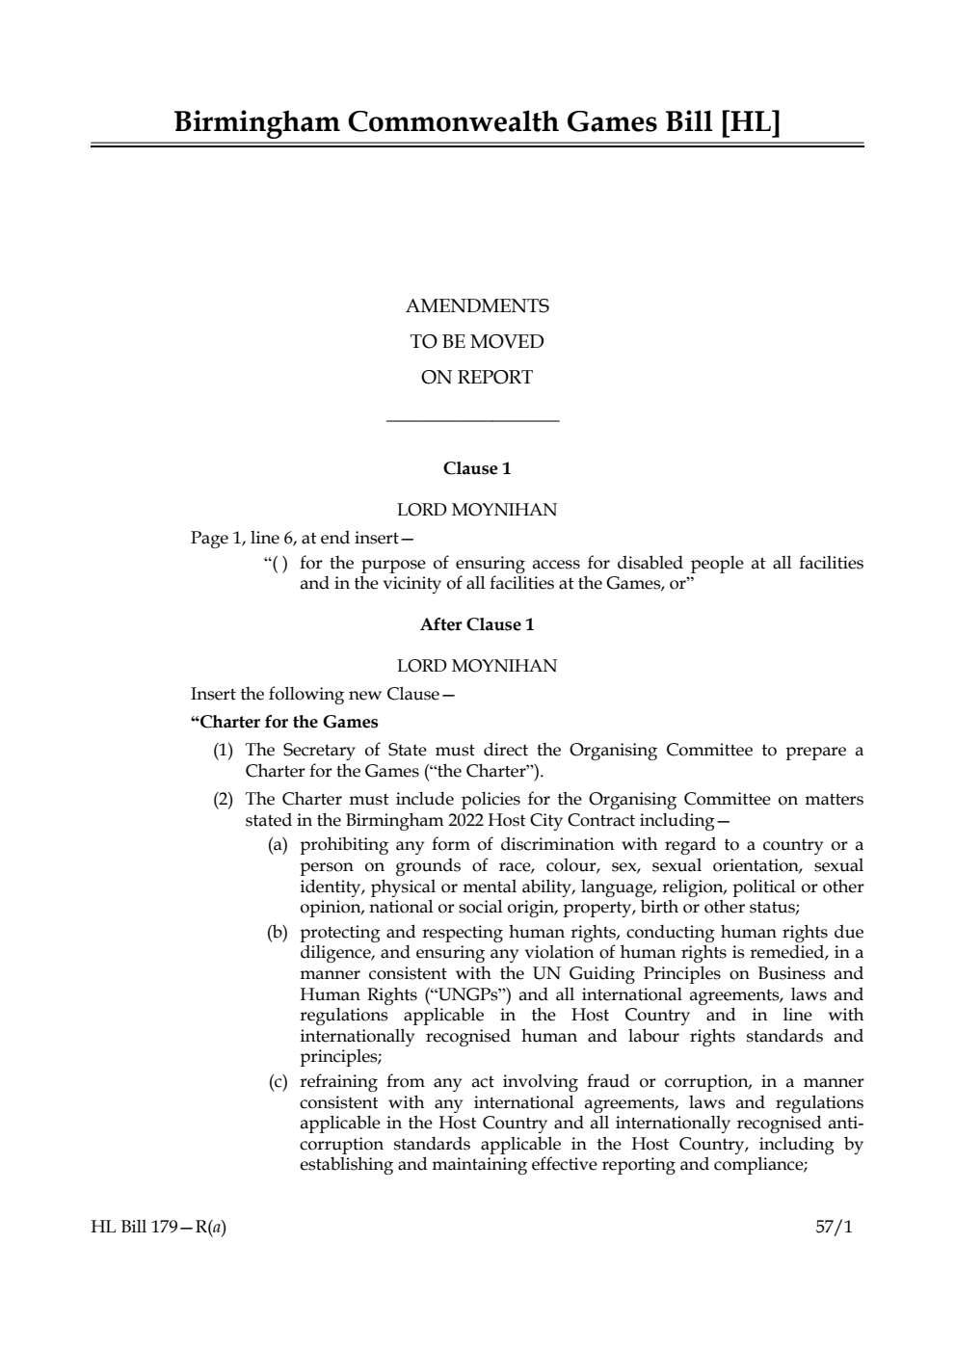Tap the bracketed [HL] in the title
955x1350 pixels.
(x=750, y=122)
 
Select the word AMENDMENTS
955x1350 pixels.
(x=477, y=306)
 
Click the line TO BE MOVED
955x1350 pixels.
(x=477, y=342)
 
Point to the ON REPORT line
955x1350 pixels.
(x=477, y=378)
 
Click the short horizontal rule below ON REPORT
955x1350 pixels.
(x=472, y=420)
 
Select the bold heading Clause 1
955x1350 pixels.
(x=477, y=468)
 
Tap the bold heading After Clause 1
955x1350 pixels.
(x=477, y=624)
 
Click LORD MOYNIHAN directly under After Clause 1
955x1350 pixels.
(x=477, y=666)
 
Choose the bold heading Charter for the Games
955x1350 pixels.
(x=284, y=722)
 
